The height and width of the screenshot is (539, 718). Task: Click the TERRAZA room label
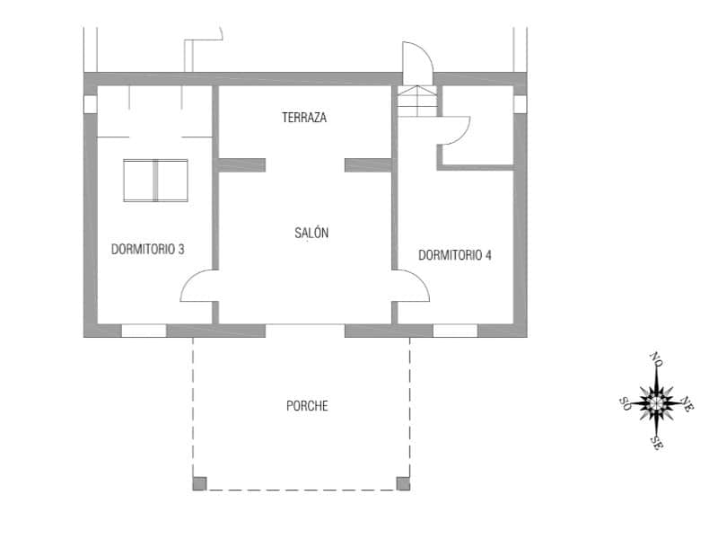[x=303, y=118]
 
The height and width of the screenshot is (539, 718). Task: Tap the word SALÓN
[x=311, y=234]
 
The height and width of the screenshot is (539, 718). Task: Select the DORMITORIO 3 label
[x=148, y=249]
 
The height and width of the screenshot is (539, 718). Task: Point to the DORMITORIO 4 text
[x=455, y=254]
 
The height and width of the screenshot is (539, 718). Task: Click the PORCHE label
[x=307, y=406]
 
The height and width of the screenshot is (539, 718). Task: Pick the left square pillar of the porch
[x=199, y=483]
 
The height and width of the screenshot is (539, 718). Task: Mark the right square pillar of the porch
[x=403, y=483]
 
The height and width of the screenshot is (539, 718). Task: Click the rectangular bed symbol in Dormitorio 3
[x=155, y=180]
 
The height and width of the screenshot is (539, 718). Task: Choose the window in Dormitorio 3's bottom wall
[x=144, y=331]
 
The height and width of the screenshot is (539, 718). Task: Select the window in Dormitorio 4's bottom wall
[x=455, y=331]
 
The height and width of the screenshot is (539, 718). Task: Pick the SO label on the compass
[x=625, y=402]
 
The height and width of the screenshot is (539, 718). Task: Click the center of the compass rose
[x=658, y=402]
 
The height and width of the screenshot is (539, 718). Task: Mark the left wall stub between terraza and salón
[x=242, y=164]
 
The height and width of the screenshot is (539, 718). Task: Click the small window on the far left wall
[x=90, y=104]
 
